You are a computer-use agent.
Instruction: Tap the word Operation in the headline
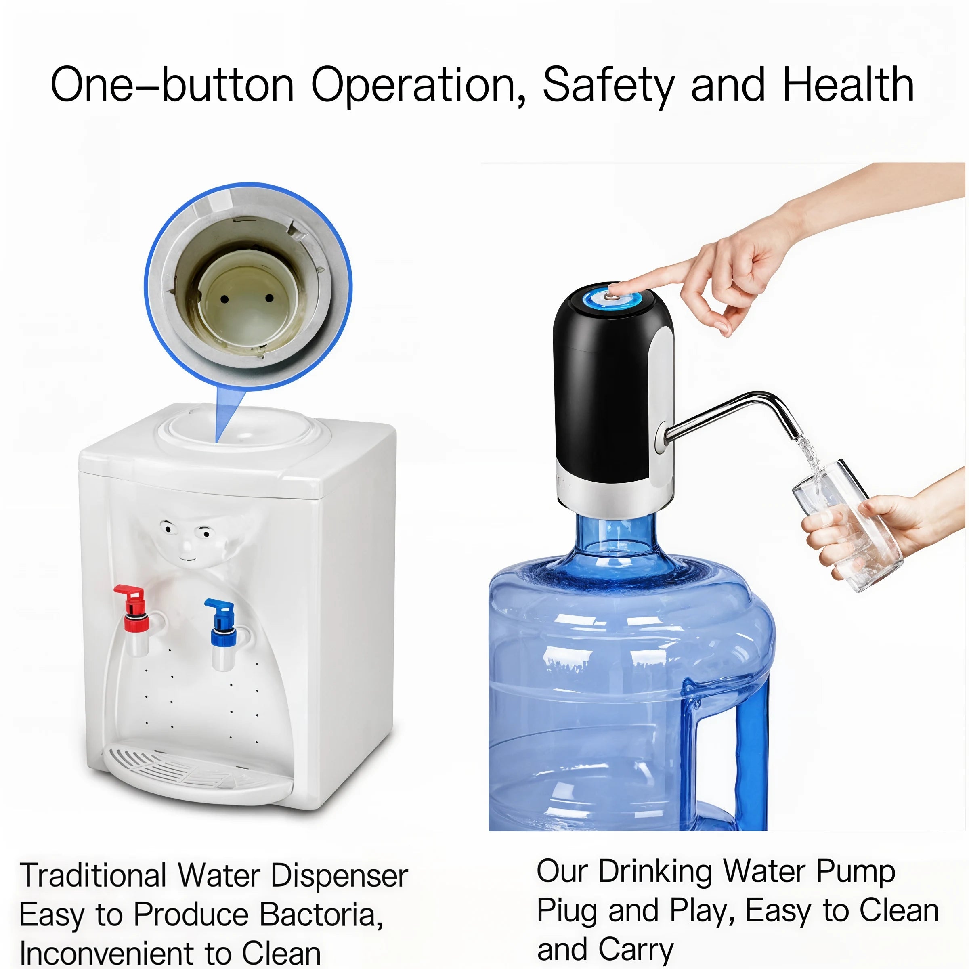[x=418, y=85]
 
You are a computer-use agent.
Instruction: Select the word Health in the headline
[x=847, y=85]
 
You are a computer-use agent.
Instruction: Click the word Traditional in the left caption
[x=93, y=876]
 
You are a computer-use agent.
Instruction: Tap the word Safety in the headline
[x=608, y=85]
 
